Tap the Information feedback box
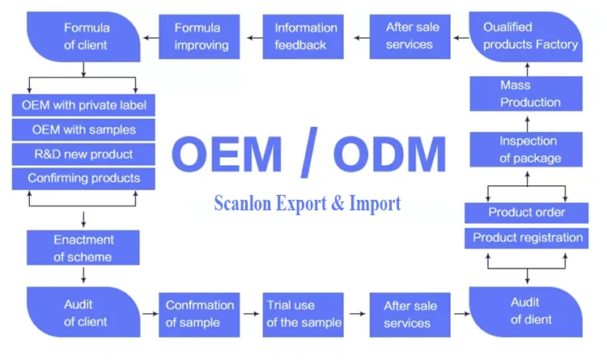(x=305, y=37)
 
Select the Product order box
(x=527, y=213)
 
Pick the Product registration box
(x=527, y=238)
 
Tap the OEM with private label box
(x=84, y=105)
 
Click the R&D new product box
(x=84, y=154)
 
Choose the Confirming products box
(x=84, y=178)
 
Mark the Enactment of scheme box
(x=84, y=248)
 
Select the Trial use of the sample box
(x=303, y=314)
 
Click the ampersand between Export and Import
(x=337, y=204)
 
